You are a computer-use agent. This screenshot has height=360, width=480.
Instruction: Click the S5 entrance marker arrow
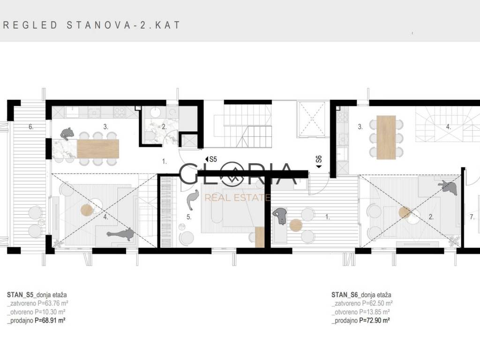coord(207,159)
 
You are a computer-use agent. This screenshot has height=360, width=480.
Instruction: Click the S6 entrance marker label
coord(319,159)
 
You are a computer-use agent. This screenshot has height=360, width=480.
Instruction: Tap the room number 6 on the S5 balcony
coord(30,127)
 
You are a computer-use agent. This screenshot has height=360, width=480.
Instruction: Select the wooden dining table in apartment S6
coord(386,137)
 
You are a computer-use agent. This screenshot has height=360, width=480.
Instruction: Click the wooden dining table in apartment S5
coord(98,149)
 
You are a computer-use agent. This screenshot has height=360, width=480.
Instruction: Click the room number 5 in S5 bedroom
coord(188,217)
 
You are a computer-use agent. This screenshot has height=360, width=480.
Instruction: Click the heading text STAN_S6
coord(345,295)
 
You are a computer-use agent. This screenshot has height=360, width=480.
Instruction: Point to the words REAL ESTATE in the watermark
coord(238,198)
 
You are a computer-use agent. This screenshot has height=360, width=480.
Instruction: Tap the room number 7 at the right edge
coord(472,217)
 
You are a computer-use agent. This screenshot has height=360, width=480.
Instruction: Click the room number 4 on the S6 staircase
coord(448,127)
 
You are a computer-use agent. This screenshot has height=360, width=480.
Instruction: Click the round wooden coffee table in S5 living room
coord(86,210)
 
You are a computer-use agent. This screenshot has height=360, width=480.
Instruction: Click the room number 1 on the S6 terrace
coord(327,217)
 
